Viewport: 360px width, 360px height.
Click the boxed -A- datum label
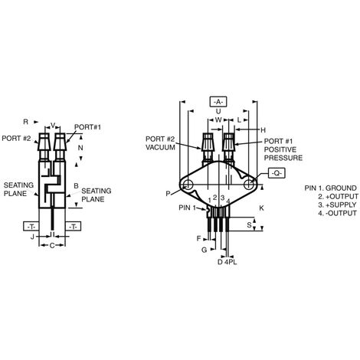[218, 102]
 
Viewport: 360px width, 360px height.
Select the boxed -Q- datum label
[277, 173]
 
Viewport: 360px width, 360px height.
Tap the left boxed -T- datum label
[31, 226]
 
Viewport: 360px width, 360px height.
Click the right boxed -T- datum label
[74, 226]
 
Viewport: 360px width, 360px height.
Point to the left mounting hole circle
[188, 185]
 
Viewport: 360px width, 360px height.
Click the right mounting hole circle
[249, 185]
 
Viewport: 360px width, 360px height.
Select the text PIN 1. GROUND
[330, 188]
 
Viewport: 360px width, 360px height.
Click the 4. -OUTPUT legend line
[337, 213]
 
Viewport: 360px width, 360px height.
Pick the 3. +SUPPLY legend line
[337, 205]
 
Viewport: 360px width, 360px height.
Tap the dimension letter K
[261, 208]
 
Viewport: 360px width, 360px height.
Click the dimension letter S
[249, 225]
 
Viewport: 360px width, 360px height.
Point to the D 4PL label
[227, 262]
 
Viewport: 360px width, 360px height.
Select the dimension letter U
[218, 112]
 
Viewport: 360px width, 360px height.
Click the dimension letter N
[80, 148]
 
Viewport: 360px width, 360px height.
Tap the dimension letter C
[52, 246]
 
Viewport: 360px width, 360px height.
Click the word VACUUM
[160, 148]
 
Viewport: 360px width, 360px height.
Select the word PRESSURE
[283, 158]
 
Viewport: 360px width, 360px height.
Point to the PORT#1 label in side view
[87, 127]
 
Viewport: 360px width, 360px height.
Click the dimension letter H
[263, 130]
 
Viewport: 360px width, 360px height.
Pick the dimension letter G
[204, 250]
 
